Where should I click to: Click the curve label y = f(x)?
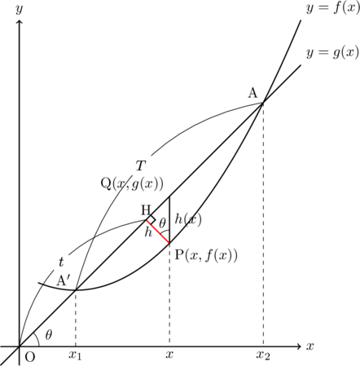333,8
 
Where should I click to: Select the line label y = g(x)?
333,52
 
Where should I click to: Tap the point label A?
252,93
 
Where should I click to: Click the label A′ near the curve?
64,280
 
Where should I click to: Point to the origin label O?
30,357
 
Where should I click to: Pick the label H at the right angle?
146,210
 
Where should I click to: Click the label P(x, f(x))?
206,255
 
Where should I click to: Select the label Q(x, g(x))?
132,184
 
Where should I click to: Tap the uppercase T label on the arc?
140,165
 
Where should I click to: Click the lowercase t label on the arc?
61,262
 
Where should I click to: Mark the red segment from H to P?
158,232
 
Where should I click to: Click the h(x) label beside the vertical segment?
188,218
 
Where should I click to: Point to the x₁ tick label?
75,355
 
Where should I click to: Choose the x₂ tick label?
263,355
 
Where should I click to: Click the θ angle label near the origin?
48,335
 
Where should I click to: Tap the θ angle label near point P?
162,223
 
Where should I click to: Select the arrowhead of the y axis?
19,23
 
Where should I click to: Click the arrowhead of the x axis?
299,346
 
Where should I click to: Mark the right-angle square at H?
151,219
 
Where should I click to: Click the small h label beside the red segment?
148,232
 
